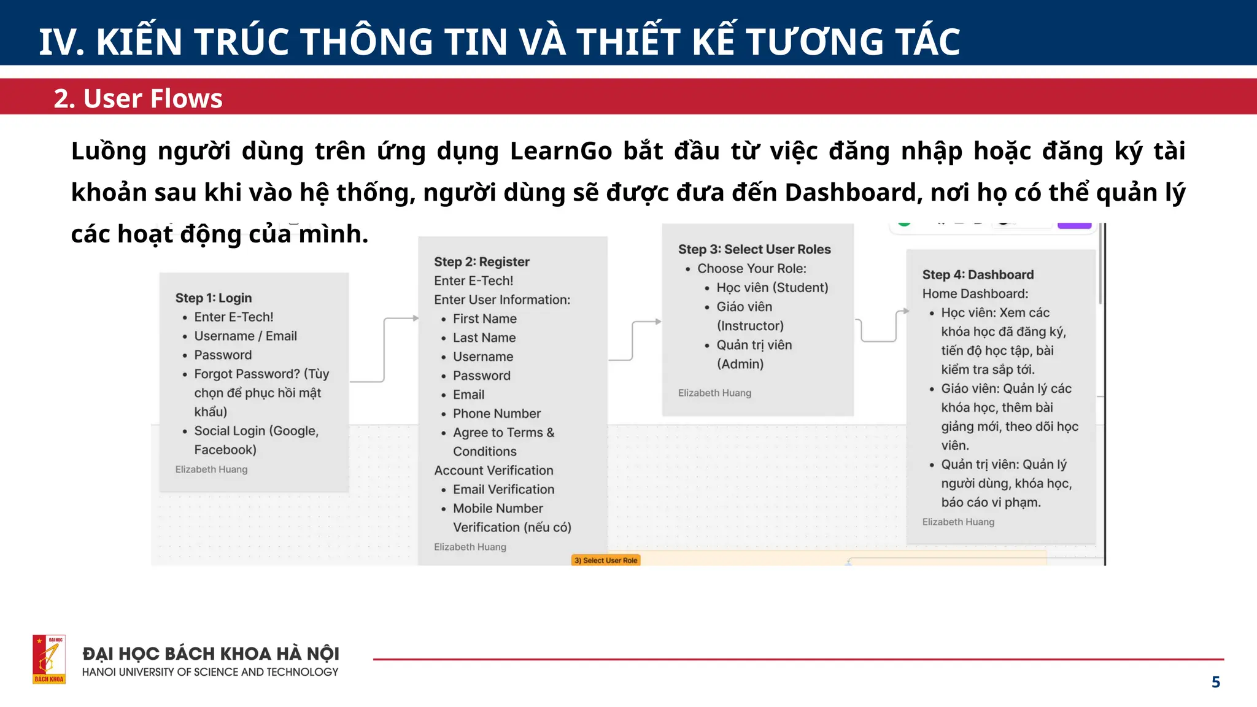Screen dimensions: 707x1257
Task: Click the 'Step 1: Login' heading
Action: point(214,298)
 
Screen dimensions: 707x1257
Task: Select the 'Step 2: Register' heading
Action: point(482,262)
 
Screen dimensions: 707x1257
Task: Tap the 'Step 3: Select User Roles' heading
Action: point(754,250)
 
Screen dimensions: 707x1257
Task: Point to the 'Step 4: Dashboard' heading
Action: point(978,275)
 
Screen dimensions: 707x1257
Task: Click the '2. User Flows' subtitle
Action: point(138,98)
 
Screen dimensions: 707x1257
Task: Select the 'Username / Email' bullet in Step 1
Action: point(246,336)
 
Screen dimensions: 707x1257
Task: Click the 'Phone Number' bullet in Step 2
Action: point(497,414)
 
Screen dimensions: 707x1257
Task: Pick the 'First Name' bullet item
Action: point(484,319)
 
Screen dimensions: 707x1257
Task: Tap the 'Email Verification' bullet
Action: point(503,490)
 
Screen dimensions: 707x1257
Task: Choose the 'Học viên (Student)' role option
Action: point(772,288)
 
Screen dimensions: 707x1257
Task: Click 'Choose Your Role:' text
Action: point(752,269)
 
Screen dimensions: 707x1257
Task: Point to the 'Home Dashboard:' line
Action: point(975,294)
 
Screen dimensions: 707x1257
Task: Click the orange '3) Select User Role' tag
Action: point(606,560)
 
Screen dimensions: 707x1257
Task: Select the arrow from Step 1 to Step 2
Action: point(385,350)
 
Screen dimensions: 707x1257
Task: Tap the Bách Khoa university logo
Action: point(49,659)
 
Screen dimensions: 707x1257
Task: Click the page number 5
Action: point(1215,682)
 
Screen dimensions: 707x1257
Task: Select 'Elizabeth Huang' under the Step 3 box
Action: point(714,393)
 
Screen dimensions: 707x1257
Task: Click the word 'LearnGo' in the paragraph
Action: point(561,152)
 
